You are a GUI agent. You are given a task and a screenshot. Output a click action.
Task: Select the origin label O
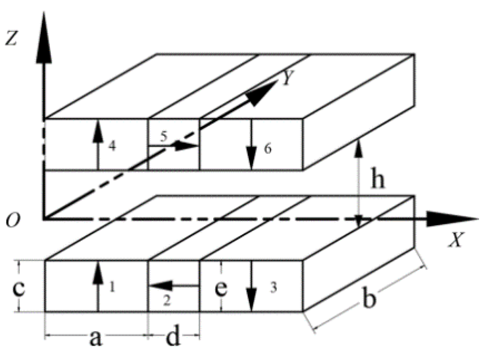tap(13, 220)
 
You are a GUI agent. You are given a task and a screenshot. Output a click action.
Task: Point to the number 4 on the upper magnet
tap(112, 146)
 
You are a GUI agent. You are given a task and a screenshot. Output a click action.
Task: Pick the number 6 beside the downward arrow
tap(268, 148)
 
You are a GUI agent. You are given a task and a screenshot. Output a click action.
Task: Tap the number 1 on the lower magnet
tap(112, 286)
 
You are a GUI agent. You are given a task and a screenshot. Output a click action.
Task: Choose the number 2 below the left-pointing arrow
tap(166, 301)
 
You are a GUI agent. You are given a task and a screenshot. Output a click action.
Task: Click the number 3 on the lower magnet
tap(273, 288)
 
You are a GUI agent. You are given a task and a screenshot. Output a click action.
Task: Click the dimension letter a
tap(95, 338)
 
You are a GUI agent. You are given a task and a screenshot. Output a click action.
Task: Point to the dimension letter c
tap(19, 288)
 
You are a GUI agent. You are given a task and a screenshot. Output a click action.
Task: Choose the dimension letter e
tap(221, 288)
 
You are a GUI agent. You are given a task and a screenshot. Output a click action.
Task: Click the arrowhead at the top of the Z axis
tap(44, 40)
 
